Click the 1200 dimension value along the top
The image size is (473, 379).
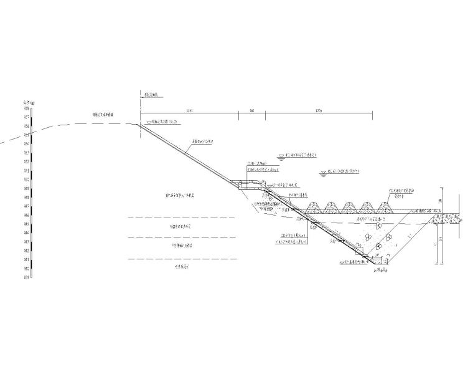pos(319,110)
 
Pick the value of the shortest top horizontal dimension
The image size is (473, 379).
pos(252,110)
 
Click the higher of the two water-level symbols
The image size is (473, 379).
pos(281,156)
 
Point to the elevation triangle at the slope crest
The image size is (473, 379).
pos(148,123)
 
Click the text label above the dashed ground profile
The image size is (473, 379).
pos(103,115)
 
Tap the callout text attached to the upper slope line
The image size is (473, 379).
pos(203,142)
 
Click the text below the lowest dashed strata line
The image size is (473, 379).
pos(180,267)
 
